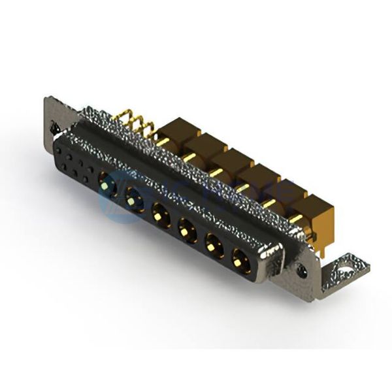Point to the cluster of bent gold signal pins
(x=134, y=124)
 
